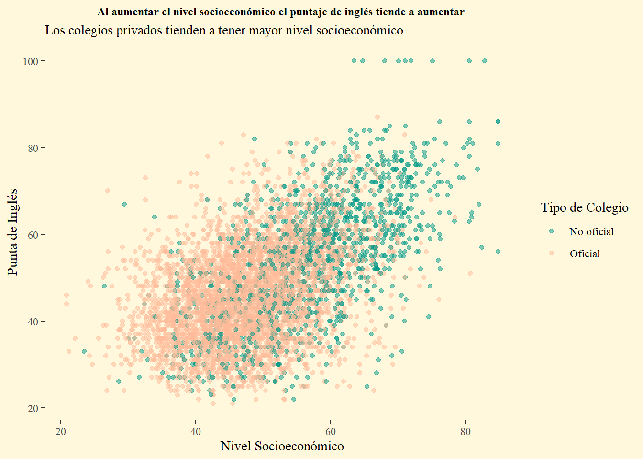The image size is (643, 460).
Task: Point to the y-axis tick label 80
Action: tap(33, 148)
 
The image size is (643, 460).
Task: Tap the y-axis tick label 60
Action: tap(33, 235)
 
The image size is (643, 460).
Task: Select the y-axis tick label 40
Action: tap(33, 322)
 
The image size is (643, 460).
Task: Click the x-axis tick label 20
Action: tap(61, 432)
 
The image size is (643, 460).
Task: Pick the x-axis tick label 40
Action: tap(196, 432)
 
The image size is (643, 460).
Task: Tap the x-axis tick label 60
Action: tap(331, 432)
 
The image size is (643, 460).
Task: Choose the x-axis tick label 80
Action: tap(466, 432)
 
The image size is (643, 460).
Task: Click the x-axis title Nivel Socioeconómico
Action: tap(282, 447)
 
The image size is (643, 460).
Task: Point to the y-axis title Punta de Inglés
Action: tap(13, 232)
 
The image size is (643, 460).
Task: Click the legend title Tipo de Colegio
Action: tap(585, 207)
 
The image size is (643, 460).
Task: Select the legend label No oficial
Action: tap(591, 232)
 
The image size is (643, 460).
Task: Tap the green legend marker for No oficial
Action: tap(552, 231)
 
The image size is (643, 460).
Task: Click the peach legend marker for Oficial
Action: tap(552, 253)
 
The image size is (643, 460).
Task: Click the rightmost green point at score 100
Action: tap(485, 61)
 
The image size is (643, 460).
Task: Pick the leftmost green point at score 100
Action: tap(354, 61)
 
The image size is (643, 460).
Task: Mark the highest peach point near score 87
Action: tap(377, 117)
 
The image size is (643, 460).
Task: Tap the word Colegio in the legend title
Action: tap(609, 207)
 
